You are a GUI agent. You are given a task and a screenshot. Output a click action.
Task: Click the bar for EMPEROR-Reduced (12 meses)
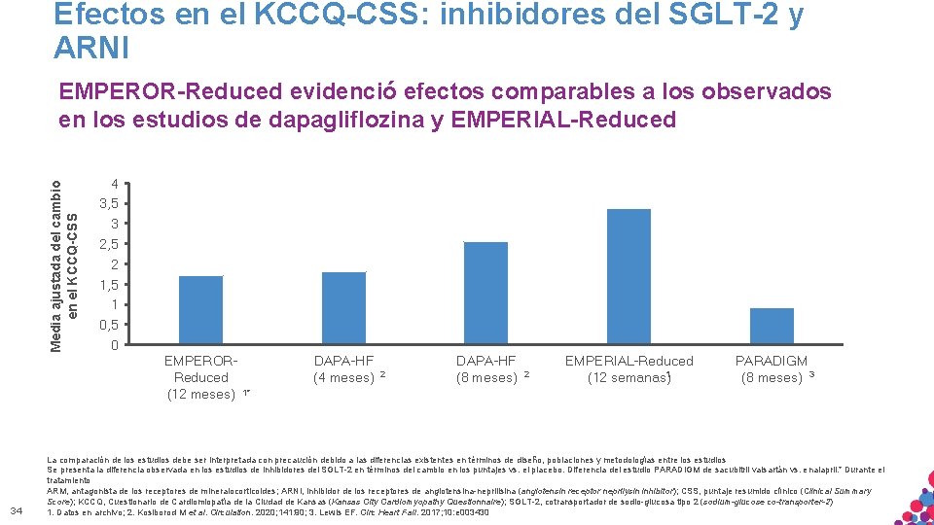tap(201, 310)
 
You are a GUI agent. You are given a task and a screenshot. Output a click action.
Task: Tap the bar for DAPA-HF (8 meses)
tap(485, 293)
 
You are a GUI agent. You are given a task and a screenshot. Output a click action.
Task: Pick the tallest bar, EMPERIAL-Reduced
tap(629, 276)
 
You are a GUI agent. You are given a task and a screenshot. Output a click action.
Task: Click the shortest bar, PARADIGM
tap(772, 326)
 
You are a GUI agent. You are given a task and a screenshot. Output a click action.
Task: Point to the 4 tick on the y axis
tap(115, 184)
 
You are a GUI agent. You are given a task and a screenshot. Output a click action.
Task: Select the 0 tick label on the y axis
tap(115, 345)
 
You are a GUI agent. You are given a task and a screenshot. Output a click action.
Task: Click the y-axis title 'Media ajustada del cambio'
tap(56, 259)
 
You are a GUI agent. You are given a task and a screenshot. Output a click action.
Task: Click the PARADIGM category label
tap(772, 361)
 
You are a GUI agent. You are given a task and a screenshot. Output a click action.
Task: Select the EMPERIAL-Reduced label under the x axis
tap(629, 361)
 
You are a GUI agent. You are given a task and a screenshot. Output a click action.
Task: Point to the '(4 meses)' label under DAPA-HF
tap(342, 377)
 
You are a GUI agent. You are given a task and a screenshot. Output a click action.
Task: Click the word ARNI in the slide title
tap(91, 46)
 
